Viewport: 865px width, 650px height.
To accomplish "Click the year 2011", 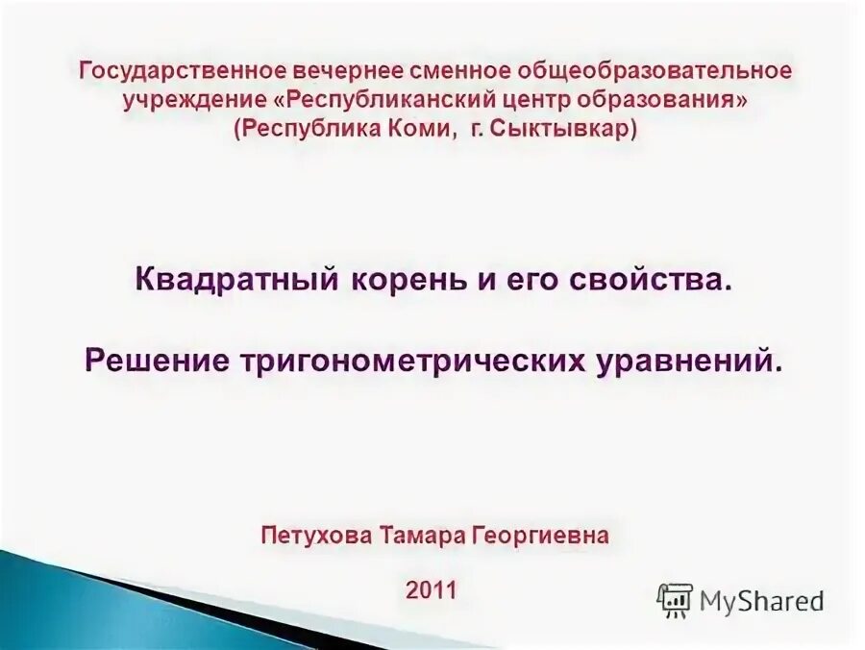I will [x=432, y=588].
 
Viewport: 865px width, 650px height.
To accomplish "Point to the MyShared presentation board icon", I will [x=675, y=601].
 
